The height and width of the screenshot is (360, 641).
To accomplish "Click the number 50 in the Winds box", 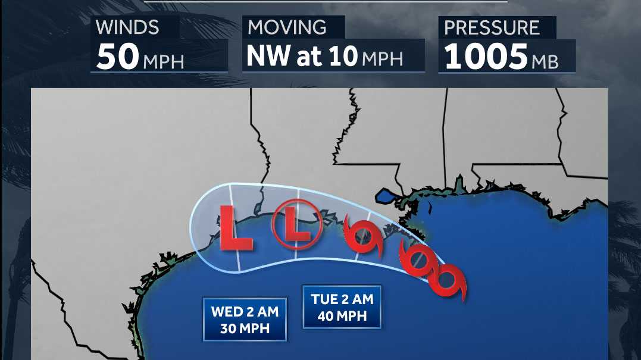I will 117,57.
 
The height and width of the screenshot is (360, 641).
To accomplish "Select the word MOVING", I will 287,27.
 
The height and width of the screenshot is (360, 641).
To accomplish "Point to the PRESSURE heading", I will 492,27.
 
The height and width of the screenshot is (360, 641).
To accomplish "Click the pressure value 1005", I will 486,57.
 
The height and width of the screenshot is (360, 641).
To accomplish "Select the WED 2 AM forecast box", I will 245,320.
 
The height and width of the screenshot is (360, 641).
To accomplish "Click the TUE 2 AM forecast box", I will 342,307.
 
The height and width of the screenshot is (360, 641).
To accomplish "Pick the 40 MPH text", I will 342,317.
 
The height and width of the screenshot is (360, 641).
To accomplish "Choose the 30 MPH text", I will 245,328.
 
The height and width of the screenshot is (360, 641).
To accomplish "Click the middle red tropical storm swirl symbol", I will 415,259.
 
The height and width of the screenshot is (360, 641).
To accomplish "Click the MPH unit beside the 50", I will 162,60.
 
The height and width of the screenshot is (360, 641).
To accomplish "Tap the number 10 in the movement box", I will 345,56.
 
